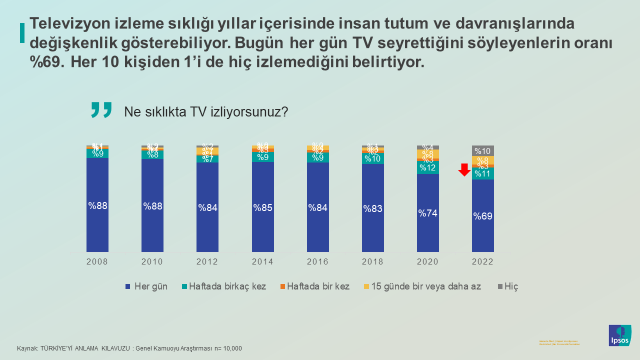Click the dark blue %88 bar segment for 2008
pos(98,206)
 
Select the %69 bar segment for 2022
pos(482,216)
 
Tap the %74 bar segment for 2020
pos(427,213)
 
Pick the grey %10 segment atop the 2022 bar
pos(482,150)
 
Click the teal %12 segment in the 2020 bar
pos(427,167)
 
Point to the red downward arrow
pos(463,170)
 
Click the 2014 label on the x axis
pos(263,261)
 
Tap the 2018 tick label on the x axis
pos(373,261)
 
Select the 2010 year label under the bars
pos(153,261)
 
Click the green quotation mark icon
pos(100,110)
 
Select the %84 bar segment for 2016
pos(318,208)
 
